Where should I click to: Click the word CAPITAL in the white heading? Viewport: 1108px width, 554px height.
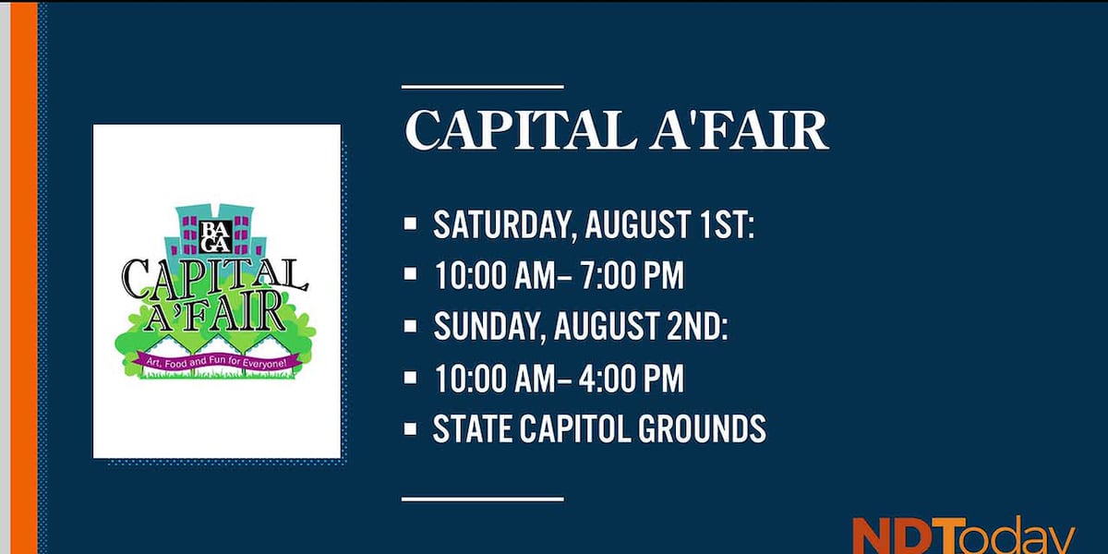coord(519,130)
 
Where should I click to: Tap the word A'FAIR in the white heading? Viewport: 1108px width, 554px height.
coord(739,130)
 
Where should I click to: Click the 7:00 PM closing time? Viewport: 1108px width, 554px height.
coord(632,275)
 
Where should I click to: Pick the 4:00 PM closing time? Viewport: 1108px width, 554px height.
coord(632,378)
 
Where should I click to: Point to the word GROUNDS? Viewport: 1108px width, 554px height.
coord(702,428)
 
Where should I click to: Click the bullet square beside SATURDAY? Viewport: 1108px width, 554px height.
coord(410,223)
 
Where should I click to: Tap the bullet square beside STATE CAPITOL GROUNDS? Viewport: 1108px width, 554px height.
coord(410,428)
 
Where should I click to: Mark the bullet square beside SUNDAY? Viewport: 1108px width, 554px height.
coord(410,326)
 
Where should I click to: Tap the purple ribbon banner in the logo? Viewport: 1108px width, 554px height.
coord(216,363)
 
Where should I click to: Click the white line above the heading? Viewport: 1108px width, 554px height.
coord(483,87)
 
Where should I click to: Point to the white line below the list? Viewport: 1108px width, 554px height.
coord(483,500)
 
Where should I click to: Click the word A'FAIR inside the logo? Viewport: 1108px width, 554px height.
coord(214,313)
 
